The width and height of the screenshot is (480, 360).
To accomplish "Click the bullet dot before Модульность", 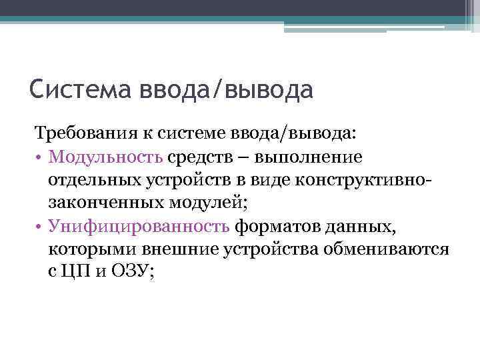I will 39,157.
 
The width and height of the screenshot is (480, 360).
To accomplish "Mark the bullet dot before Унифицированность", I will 39,227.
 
